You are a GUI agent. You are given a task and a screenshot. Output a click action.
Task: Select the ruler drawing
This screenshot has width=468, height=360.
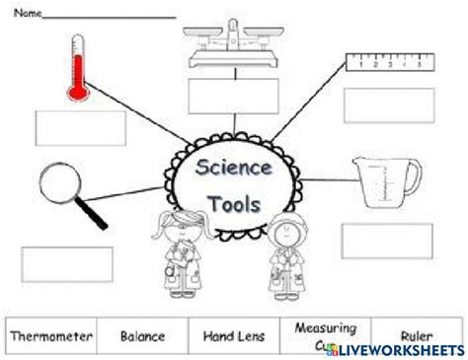click(391, 65)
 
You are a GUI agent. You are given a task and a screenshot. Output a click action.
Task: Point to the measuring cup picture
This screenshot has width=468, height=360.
click(387, 182)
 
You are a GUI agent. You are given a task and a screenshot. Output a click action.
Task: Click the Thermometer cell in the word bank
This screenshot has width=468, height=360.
click(51, 336)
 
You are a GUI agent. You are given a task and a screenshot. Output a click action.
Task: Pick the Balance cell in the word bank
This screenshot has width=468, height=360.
click(142, 336)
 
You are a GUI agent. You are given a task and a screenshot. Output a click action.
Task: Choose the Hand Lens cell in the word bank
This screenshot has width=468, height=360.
click(232, 336)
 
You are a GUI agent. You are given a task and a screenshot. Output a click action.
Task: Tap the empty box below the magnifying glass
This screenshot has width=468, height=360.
click(67, 263)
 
